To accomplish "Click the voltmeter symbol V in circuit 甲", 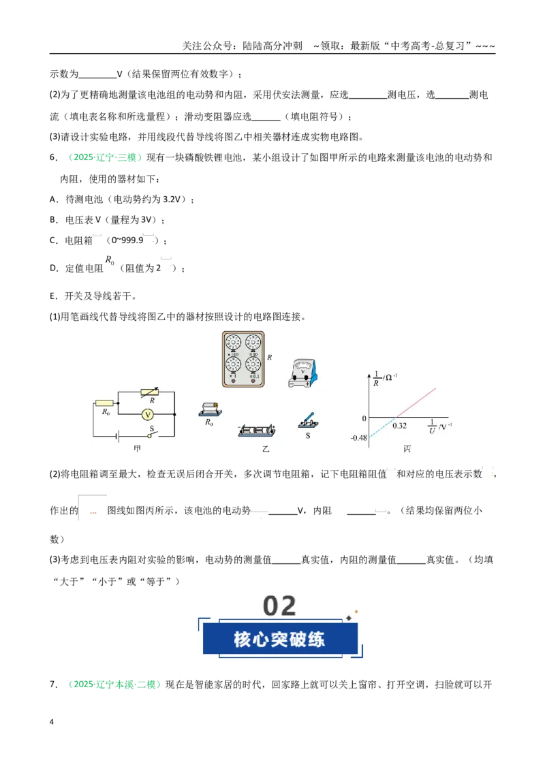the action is tap(148, 415).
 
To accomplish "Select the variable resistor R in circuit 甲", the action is tap(149, 392).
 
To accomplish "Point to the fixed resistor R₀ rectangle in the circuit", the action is tap(104, 403).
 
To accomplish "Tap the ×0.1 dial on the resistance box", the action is tap(253, 364).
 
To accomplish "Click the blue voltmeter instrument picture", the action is tap(302, 373).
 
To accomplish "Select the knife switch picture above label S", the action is tap(307, 421).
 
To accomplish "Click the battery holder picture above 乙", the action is tap(256, 430).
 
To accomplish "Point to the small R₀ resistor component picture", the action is tap(210, 409).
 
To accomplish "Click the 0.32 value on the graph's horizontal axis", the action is tap(399, 426).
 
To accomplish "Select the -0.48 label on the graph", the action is tap(358, 438).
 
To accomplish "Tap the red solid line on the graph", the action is tap(416, 403).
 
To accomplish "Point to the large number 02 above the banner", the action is tap(279, 605).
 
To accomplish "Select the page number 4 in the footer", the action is tap(52, 722).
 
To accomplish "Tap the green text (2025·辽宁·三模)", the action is tap(106, 157).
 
